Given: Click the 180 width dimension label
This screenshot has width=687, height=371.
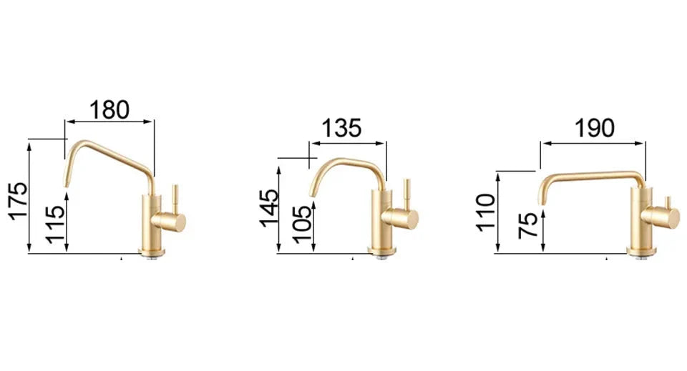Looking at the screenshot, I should coord(109,109).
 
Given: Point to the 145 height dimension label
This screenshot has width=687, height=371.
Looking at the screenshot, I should coord(270,208).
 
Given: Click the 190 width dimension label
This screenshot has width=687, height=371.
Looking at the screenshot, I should coord(593,129).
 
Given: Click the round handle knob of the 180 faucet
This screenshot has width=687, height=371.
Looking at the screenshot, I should coord(177,221).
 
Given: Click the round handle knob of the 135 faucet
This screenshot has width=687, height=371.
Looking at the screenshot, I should coord(409,219).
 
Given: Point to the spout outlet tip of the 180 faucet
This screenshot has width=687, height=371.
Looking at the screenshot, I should coord(67,184).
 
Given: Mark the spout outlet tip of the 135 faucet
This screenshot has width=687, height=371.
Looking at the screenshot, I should coord(311,193).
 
